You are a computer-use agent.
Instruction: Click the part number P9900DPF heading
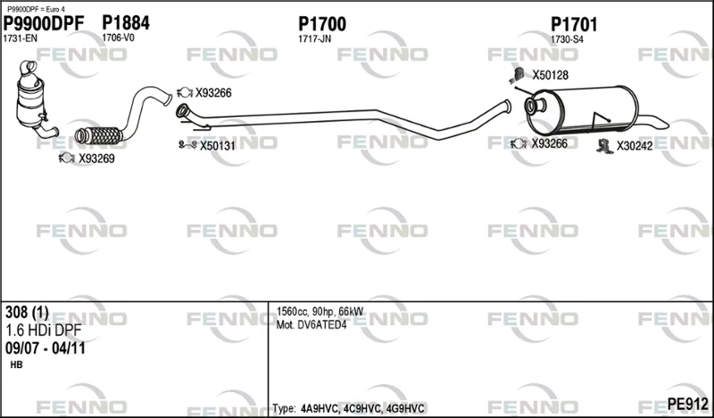tap(44, 24)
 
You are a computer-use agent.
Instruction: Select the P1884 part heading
tap(126, 23)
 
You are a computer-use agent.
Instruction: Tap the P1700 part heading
tap(322, 24)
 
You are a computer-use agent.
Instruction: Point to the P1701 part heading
tap(574, 25)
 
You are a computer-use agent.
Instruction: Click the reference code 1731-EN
tap(21, 38)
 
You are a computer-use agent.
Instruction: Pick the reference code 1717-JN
tap(315, 39)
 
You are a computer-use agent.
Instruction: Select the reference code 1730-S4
tap(567, 39)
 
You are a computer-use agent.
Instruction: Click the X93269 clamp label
tap(96, 159)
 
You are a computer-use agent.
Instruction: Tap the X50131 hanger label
tap(218, 146)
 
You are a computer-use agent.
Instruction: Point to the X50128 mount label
tap(551, 75)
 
